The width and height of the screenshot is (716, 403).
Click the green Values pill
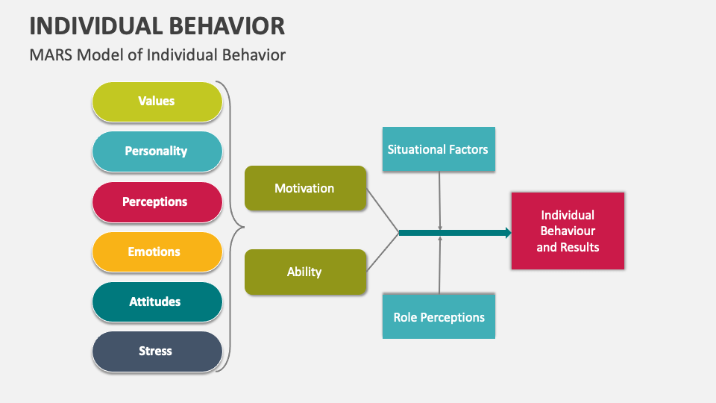tap(157, 101)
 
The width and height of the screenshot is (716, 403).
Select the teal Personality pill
tap(157, 151)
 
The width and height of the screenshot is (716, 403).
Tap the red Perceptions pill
tap(157, 201)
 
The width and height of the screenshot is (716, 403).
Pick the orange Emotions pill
tap(157, 252)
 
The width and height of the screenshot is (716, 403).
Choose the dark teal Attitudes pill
tap(157, 302)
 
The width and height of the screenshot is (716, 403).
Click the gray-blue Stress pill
tap(157, 351)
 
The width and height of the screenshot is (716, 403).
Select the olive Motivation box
tap(305, 188)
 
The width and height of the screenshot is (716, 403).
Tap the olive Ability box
tap(305, 272)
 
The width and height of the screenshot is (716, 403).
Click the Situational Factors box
tap(439, 149)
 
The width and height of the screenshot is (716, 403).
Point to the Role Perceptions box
tap(439, 317)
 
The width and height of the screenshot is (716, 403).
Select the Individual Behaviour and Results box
tap(568, 231)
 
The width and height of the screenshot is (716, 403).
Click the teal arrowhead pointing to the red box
tap(508, 233)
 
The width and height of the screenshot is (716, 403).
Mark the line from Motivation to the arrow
tap(383, 210)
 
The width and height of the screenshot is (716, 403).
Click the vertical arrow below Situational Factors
tap(440, 199)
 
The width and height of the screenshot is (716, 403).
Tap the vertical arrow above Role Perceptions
tap(440, 266)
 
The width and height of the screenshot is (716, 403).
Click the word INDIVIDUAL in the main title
tap(93, 25)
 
